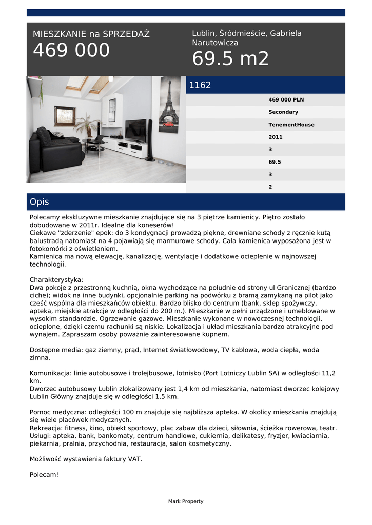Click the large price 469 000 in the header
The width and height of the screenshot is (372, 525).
point(71,51)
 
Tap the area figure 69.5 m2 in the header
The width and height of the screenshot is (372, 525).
point(230,59)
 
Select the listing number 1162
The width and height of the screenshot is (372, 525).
point(200,85)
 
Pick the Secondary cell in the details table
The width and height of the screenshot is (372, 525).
point(283,112)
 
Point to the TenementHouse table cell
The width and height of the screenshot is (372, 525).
point(291,125)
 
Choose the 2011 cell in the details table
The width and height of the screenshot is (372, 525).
point(276,137)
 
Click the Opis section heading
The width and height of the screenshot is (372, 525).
point(40,202)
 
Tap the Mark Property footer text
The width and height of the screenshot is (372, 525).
point(186,501)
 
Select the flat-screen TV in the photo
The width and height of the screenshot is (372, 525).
point(135,130)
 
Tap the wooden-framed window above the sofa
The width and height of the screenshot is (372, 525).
point(65,116)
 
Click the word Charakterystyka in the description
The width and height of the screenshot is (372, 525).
point(56,280)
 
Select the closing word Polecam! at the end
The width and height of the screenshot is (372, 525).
point(44,475)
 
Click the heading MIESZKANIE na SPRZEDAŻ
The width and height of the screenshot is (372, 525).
point(91,34)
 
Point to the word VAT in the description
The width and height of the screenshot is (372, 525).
point(135,459)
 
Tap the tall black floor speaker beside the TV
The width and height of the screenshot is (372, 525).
point(150,141)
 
